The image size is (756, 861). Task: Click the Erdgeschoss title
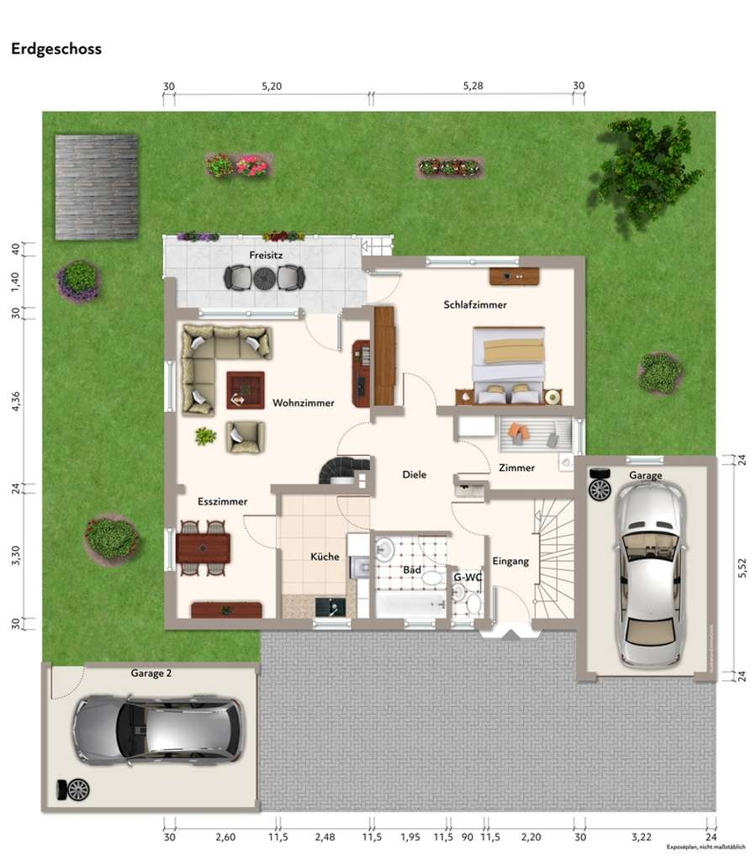click(56, 49)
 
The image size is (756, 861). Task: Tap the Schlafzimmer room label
click(475, 305)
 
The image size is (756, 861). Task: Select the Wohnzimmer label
click(303, 404)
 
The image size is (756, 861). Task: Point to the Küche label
click(325, 557)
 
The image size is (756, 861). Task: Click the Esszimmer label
click(223, 502)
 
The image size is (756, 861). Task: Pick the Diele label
click(415, 475)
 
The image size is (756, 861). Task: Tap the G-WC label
click(467, 578)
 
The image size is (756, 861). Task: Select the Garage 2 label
click(151, 673)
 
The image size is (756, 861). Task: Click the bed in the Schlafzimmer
click(509, 364)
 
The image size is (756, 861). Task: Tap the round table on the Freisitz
click(264, 277)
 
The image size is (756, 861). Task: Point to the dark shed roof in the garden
click(97, 187)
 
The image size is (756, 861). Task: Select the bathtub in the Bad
click(409, 605)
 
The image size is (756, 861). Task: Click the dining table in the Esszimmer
click(204, 548)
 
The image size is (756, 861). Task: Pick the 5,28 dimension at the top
click(477, 87)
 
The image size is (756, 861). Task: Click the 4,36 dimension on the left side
click(14, 403)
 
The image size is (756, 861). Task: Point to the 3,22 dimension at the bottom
click(642, 837)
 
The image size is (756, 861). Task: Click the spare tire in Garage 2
click(76, 790)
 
